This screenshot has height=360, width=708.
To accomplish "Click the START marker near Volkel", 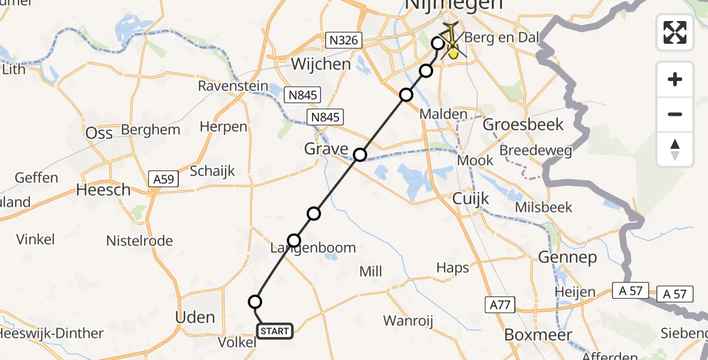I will click(x=275, y=331).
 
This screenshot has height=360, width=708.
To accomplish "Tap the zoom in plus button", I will click(x=675, y=79).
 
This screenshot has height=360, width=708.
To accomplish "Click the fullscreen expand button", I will click(x=675, y=32).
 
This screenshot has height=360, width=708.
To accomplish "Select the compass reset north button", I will click(x=675, y=149).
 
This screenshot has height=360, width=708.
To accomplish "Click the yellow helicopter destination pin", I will click(x=454, y=52).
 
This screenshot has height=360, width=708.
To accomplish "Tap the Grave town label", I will click(x=326, y=149).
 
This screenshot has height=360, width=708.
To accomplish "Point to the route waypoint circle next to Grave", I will click(x=359, y=155).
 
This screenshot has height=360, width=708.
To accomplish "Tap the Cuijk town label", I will click(x=471, y=199).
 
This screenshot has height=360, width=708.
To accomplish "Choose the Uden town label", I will click(x=196, y=317).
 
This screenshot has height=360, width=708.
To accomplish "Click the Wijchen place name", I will click(x=320, y=64).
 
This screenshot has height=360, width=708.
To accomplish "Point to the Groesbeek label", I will click(x=523, y=125).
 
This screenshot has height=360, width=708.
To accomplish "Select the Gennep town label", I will click(x=567, y=258).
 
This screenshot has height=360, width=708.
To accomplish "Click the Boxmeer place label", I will click(x=538, y=335).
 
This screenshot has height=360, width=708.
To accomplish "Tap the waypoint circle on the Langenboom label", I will click(x=294, y=241).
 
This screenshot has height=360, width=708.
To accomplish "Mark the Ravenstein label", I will click(x=233, y=86).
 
